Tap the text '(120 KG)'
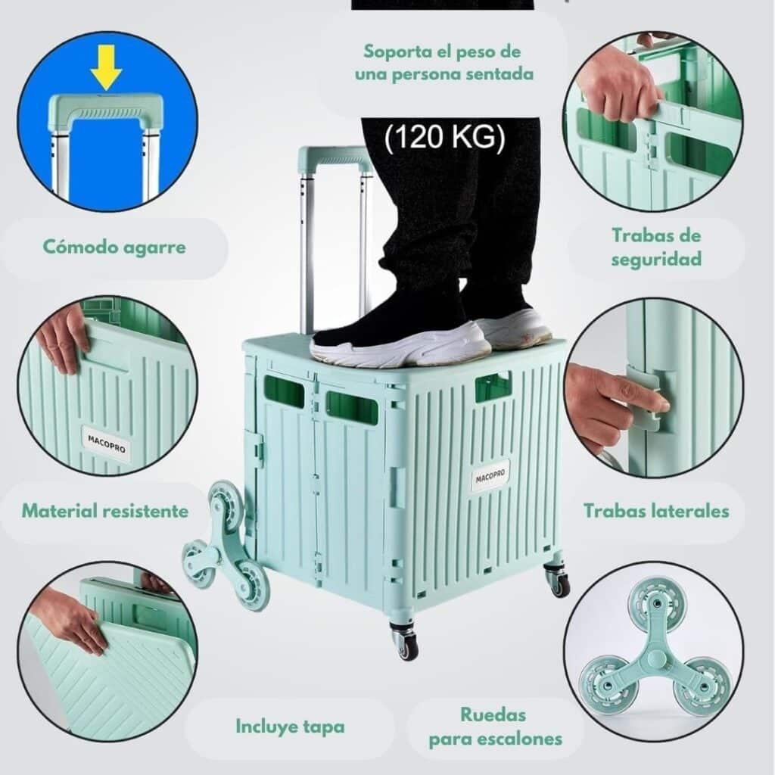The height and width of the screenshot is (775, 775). click(444, 137)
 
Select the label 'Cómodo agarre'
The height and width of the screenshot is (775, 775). click(114, 247)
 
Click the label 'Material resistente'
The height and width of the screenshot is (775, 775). click(105, 511)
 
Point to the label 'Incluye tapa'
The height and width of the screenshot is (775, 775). click(290, 727)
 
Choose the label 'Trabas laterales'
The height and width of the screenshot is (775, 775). click(656, 511)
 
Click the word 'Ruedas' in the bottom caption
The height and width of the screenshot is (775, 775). click(493, 714)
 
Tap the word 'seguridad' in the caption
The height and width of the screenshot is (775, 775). click(656, 260)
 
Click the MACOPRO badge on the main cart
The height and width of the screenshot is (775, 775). click(490, 476)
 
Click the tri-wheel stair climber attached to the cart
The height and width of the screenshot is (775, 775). click(226, 547)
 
